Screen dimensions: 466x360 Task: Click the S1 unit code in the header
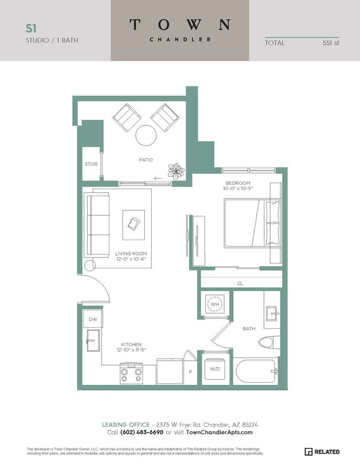(x=31, y=28)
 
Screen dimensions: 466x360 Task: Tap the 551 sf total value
(x=331, y=43)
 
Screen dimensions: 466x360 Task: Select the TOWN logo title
(x=180, y=24)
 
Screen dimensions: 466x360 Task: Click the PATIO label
(x=146, y=160)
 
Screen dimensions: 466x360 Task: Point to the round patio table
(x=146, y=135)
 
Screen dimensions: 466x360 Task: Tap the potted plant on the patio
(x=177, y=170)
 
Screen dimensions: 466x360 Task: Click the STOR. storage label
(x=91, y=164)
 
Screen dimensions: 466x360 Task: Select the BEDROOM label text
(x=238, y=183)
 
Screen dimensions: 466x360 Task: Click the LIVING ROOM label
(x=131, y=255)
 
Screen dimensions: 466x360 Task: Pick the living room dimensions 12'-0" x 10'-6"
(x=131, y=261)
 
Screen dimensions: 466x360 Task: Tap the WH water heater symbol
(x=214, y=304)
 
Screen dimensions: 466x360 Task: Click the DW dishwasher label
(x=93, y=319)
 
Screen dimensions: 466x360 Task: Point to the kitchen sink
(x=92, y=342)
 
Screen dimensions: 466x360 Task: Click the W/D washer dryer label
(x=215, y=369)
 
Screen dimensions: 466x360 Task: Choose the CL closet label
(x=240, y=284)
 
